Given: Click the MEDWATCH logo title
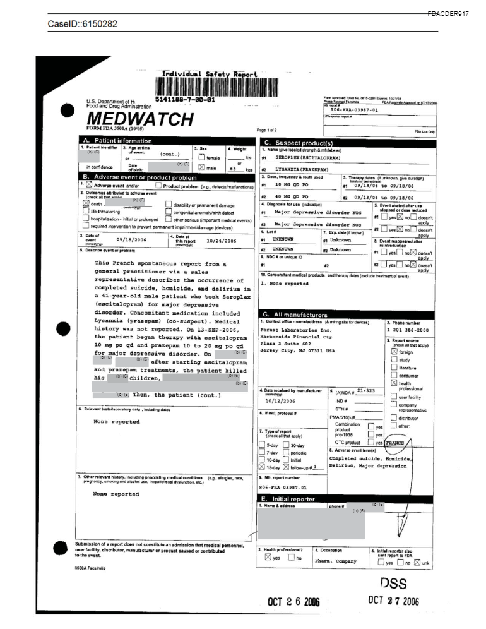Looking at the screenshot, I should tap(139, 119).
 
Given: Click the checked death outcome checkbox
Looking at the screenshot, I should tap(88, 205).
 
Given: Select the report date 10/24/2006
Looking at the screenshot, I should tap(220, 241).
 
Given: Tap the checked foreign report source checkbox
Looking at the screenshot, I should tap(394, 352).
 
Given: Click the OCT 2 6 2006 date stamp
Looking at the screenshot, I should tap(293, 602).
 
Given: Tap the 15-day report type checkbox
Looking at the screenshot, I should tap(263, 468).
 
